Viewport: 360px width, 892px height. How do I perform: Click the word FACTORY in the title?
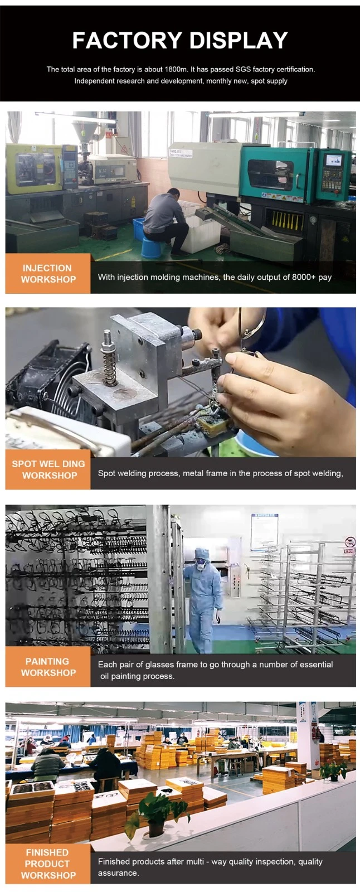point(127,40)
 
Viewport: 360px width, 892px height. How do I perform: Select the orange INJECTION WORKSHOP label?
point(48,274)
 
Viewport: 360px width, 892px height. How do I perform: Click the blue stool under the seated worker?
point(152,248)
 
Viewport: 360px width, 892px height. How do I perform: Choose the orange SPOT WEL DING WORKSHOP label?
point(48,469)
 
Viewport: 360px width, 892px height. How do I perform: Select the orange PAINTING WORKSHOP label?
point(48,667)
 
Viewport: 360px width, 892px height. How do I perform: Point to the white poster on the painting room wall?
point(264,532)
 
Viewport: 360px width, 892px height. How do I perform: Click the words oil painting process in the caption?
point(137,676)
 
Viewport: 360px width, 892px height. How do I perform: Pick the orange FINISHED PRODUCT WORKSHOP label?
point(48,864)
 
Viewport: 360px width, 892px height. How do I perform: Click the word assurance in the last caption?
point(118,873)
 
